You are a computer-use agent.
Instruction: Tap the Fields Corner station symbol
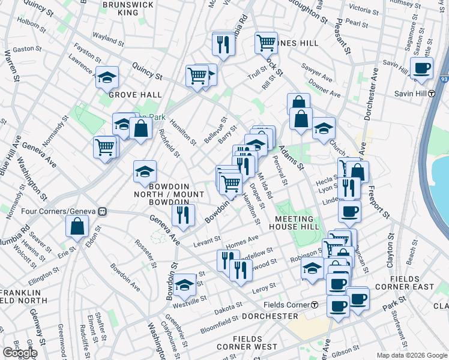315,305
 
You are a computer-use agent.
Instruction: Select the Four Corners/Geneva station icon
103,211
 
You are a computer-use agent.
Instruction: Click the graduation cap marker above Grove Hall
107,77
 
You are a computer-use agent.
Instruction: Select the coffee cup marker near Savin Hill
421,68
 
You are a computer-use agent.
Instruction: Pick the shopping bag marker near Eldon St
77,226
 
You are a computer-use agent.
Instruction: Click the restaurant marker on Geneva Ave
183,215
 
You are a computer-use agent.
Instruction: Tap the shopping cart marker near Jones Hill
265,43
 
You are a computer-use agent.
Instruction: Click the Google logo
20,353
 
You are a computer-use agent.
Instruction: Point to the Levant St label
208,243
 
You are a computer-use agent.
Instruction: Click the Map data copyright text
412,355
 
